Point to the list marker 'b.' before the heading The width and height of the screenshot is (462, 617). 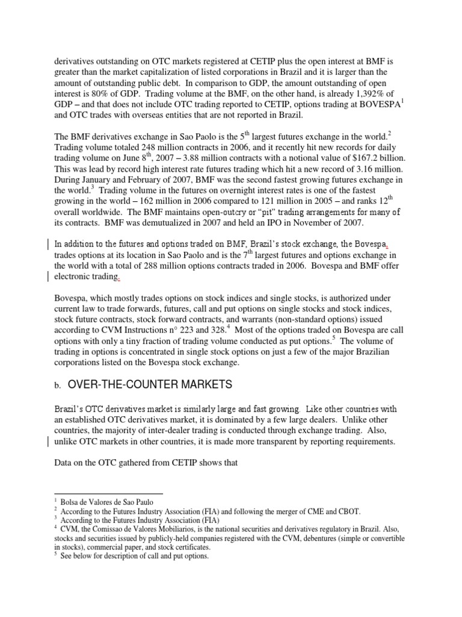pos(58,385)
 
